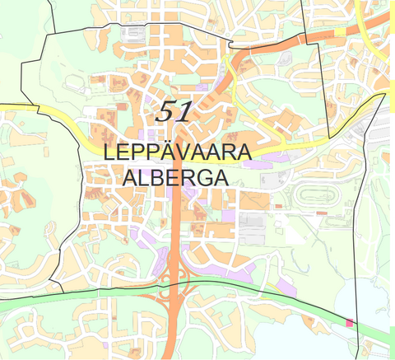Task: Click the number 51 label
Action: tap(174, 110)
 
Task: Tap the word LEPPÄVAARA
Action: tap(177, 154)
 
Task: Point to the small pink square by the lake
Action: tap(351, 324)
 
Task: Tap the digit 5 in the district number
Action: tap(165, 110)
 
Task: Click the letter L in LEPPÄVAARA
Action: tap(109, 154)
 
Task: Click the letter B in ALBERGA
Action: tap(156, 178)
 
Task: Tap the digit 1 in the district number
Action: tap(184, 111)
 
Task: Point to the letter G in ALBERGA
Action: tap(198, 178)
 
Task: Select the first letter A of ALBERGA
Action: tap(129, 178)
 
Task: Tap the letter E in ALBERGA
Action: tap(170, 178)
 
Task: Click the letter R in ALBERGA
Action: tap(184, 178)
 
